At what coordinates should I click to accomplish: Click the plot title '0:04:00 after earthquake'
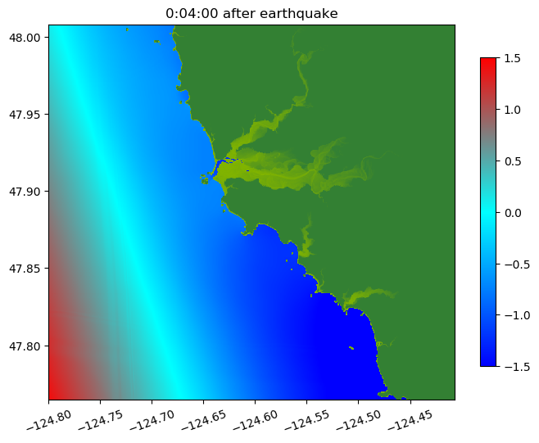251,13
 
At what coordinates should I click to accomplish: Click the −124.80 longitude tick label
48,420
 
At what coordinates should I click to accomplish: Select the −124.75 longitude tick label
100,420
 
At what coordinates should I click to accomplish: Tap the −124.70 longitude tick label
152,420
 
